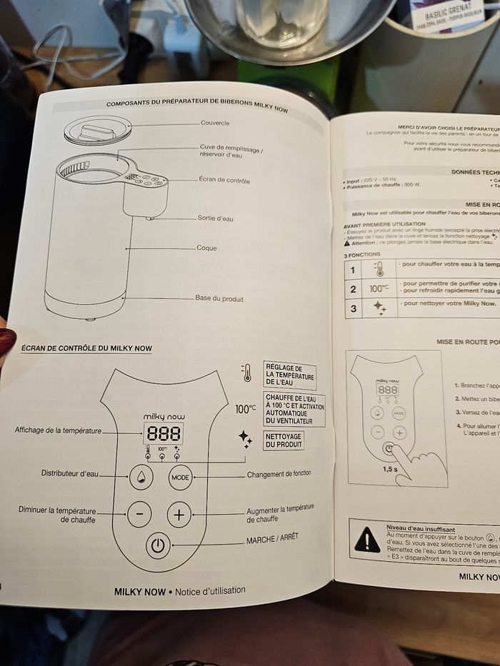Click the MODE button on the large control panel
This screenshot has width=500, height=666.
[181, 477]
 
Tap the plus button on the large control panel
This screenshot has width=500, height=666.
[179, 514]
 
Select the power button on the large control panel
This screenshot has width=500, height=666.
[158, 547]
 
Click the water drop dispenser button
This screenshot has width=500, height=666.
[141, 476]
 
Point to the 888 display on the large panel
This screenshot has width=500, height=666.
[164, 433]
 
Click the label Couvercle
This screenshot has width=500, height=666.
[215, 123]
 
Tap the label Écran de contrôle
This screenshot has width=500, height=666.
[224, 181]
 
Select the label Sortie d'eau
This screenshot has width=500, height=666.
[215, 218]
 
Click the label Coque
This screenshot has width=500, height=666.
[206, 248]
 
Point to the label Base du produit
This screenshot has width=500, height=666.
[219, 298]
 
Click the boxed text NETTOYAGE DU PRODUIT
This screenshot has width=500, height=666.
[284, 440]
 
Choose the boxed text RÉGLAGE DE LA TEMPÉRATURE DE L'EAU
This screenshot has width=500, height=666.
[289, 375]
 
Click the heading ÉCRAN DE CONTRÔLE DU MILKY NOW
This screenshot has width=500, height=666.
[86, 348]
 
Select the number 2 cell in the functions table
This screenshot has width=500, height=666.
[353, 290]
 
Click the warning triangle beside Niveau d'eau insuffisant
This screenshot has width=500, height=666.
[367, 539]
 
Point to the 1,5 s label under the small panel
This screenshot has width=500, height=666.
[390, 468]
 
